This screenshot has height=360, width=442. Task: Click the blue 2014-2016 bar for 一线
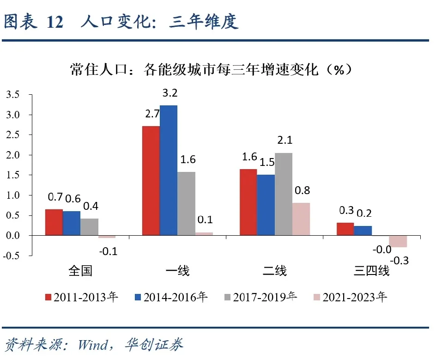pyautogui.click(x=169, y=171)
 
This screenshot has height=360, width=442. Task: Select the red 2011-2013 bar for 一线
pyautogui.click(x=151, y=181)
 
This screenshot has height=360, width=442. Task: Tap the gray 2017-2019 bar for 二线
pyautogui.click(x=284, y=194)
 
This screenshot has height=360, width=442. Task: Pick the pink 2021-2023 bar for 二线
pyautogui.click(x=301, y=219)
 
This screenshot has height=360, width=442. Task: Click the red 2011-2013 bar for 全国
pyautogui.click(x=54, y=222)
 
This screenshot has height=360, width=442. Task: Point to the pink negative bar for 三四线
pyautogui.click(x=398, y=241)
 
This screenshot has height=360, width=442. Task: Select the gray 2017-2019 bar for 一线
pyautogui.click(x=186, y=203)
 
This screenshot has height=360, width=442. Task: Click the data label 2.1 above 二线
pyautogui.click(x=284, y=140)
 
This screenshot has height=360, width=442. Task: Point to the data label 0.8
pyautogui.click(x=303, y=190)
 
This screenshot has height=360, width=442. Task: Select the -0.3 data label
pyautogui.click(x=400, y=261)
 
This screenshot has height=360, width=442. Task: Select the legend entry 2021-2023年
pyautogui.click(x=350, y=297)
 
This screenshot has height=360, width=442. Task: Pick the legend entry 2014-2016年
pyautogui.click(x=170, y=297)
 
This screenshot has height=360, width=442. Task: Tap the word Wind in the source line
pyautogui.click(x=92, y=344)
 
